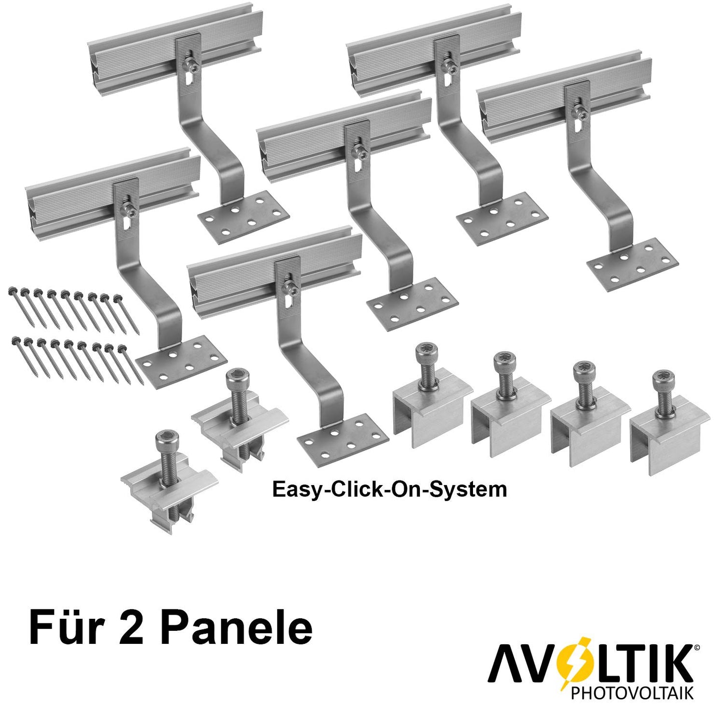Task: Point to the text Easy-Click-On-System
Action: (x=389, y=490)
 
